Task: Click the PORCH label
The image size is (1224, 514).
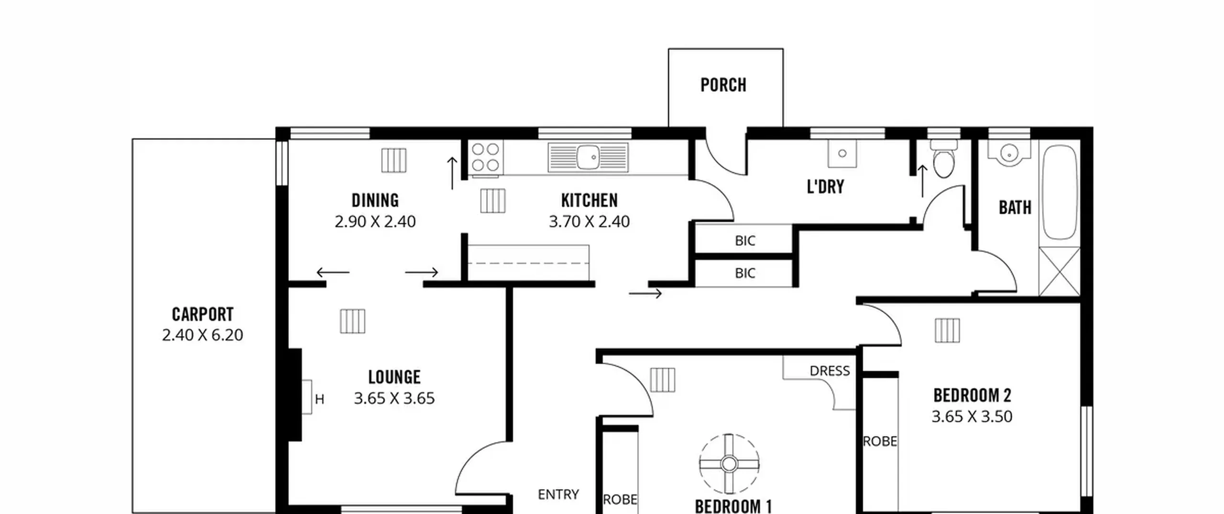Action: (723, 85)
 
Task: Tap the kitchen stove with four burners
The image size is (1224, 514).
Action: (485, 157)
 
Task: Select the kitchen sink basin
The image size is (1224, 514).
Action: (588, 157)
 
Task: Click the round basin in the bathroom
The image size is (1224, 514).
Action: (1009, 154)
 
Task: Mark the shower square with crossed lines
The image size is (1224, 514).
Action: (1060, 271)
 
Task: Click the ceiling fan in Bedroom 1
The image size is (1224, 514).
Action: (729, 463)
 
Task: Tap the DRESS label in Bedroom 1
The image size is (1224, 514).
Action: (830, 371)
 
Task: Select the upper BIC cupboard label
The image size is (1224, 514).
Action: (745, 241)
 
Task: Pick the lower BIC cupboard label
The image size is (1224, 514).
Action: (745, 273)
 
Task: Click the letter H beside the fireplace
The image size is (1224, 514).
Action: (319, 399)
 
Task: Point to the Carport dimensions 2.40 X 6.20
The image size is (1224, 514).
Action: (203, 335)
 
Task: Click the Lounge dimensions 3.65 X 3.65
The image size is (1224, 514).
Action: (394, 398)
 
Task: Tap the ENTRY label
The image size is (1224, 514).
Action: (558, 494)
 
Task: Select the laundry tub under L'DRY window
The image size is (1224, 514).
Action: (842, 153)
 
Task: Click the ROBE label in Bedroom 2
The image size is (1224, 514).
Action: (880, 441)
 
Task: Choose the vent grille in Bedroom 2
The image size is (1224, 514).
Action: (947, 330)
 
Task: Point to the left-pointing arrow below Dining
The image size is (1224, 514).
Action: (333, 273)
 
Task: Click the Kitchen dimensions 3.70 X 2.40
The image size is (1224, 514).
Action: (589, 221)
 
